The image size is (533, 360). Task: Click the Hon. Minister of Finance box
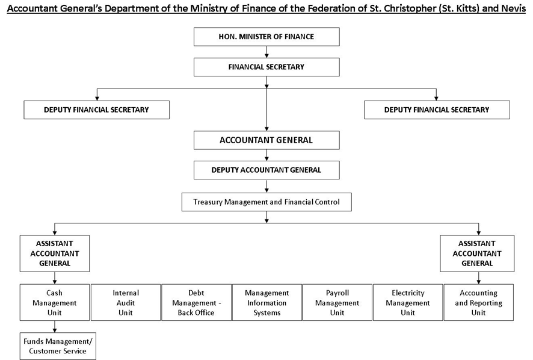[266, 37]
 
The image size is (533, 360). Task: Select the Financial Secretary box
[266, 67]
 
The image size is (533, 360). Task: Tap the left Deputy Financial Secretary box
[96, 110]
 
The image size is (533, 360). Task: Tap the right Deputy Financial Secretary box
[437, 110]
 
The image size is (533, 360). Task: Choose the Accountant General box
[266, 140]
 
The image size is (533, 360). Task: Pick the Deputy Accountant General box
[266, 170]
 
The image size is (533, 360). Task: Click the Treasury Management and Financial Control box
[266, 202]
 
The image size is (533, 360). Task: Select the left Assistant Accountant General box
[55, 253]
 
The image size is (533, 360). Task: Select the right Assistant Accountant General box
[477, 253]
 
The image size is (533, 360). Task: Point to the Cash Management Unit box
[55, 302]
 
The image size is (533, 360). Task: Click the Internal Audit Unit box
[126, 302]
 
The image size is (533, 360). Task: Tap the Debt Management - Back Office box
[196, 302]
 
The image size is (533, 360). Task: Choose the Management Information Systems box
[267, 302]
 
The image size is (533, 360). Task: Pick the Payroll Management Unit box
[337, 302]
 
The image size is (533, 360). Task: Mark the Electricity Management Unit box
[408, 302]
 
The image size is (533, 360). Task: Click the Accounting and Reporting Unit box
[479, 302]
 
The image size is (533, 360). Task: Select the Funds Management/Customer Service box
[58, 346]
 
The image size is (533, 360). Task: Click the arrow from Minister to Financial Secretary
[266, 52]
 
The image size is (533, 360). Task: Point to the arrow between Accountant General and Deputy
[266, 155]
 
